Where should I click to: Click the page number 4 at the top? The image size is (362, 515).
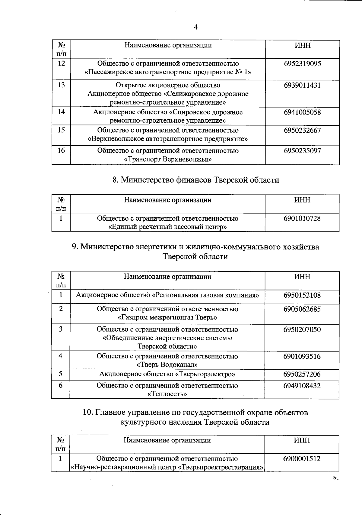coord(195,27)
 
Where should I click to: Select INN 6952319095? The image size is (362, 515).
coord(302,64)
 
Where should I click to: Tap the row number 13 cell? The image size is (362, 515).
coord(61,85)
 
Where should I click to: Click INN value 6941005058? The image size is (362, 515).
coord(302,112)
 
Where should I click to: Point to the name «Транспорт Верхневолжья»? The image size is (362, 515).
coord(168,159)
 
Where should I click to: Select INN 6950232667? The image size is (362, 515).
coord(302,131)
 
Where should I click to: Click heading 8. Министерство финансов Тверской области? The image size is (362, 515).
coord(196,180)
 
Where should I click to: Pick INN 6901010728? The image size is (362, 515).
coord(302,218)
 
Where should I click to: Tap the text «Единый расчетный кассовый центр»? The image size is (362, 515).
coord(168,227)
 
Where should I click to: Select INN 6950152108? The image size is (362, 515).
coord(302,295)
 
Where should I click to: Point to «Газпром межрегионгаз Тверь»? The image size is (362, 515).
coord(167,318)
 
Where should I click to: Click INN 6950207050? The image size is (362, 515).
coord(302,329)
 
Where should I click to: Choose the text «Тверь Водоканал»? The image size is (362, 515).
coord(167,364)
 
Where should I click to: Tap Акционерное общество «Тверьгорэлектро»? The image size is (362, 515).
coord(167,374)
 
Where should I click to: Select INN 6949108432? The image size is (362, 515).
coord(302,386)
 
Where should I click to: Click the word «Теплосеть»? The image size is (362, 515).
coord(167,394)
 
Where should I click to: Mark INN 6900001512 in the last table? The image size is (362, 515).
coord(302,459)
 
